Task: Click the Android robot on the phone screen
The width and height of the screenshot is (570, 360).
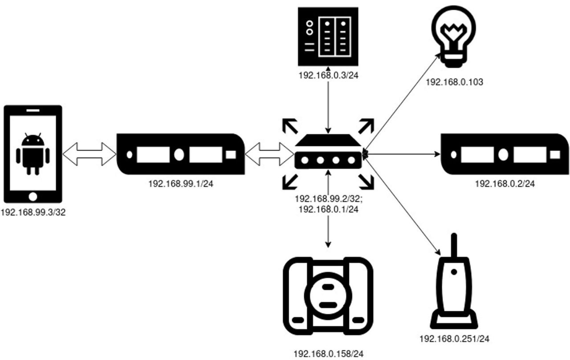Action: click(33, 154)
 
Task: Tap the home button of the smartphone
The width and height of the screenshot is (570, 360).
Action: click(33, 196)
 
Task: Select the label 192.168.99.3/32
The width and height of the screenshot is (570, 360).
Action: click(33, 213)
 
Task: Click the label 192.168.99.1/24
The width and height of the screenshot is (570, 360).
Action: click(180, 183)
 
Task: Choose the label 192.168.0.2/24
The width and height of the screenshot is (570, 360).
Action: click(505, 183)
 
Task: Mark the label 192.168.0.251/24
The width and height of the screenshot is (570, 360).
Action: click(454, 339)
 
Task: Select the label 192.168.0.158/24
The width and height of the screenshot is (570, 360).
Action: click(329, 354)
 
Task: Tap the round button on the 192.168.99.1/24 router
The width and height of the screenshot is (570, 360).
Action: click(179, 154)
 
